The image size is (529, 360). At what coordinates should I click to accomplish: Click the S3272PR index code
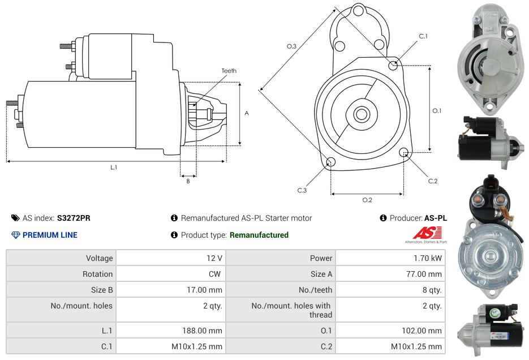74,218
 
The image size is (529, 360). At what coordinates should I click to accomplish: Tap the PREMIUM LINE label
50,235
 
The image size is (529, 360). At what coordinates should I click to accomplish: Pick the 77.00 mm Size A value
425,274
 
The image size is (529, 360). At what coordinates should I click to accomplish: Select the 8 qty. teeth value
432,290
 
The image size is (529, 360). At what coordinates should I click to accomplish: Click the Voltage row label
99,258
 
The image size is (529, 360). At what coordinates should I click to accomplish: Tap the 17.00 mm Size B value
207,290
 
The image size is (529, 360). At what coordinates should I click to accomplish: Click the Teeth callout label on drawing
229,71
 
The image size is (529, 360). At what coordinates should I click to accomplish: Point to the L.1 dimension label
114,168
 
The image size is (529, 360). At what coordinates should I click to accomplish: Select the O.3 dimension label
292,46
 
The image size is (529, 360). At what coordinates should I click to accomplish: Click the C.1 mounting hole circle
393,65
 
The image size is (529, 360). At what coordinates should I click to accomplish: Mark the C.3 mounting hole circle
331,162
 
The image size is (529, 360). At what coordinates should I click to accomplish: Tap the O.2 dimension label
367,200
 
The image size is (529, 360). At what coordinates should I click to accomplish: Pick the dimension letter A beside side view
247,113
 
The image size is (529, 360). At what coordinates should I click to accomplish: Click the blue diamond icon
15,235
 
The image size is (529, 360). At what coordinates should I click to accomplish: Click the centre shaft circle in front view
362,114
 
